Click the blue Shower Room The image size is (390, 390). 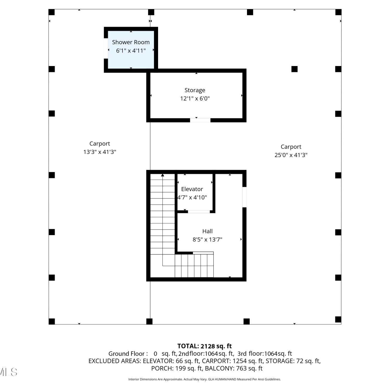tap(131, 50)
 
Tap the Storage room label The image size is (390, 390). tap(195, 90)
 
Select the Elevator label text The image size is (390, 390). tap(192, 189)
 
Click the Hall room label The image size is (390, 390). tap(207, 231)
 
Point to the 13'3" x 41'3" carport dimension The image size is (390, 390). tap(100, 152)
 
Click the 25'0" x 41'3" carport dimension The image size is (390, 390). tap(291, 155)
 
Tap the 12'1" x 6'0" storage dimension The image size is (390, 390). tap(195, 99)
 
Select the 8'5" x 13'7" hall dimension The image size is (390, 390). tap(207, 239)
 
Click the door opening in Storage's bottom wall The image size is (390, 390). tap(200, 120)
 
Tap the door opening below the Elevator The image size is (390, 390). tap(199, 212)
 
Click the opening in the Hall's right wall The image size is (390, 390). tap(244, 197)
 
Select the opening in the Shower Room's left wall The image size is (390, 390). tap(106, 48)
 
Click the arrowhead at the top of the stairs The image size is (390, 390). tap(162, 175)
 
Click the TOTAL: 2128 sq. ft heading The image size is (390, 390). tap(204, 346)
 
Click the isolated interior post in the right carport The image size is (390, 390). tap(294, 69)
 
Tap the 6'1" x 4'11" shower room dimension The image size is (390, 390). tap(131, 51)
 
